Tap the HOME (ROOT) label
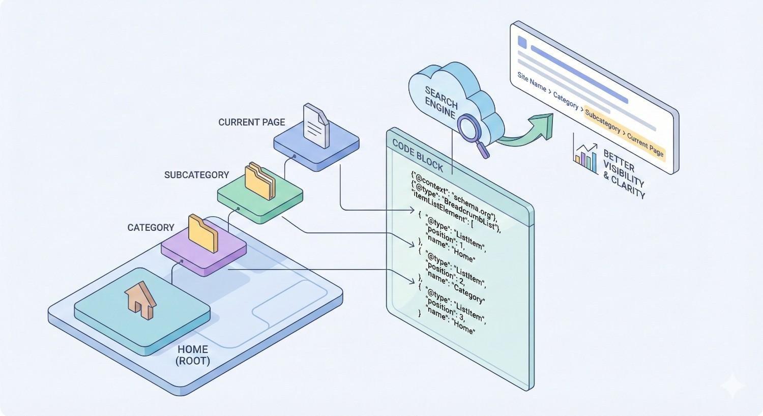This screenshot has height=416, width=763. [x=192, y=355]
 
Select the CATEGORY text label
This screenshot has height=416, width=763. [x=151, y=227]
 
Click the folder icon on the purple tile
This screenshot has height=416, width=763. [x=203, y=233]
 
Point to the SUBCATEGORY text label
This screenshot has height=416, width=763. [x=196, y=175]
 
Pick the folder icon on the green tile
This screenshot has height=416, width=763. [x=260, y=181]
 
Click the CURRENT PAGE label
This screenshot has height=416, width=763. [x=251, y=122]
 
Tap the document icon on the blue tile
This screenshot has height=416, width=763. [x=315, y=126]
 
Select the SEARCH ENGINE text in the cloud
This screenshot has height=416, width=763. [x=441, y=102]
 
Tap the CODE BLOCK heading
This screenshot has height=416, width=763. [x=417, y=155]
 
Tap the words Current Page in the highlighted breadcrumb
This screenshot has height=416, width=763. [x=645, y=144]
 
